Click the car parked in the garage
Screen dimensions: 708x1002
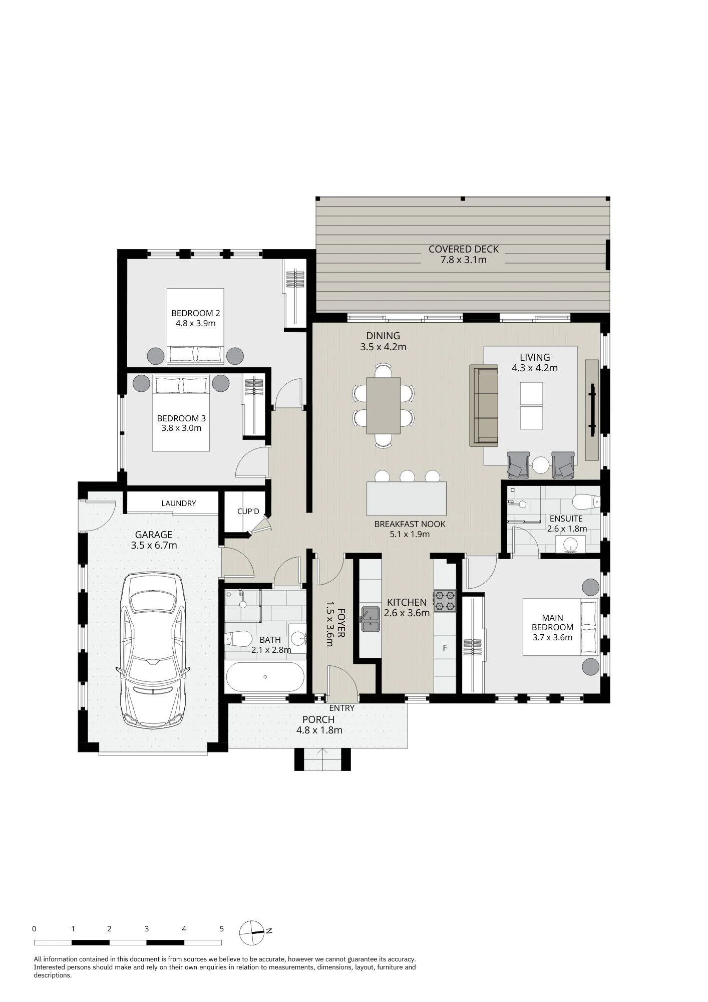coord(153,650)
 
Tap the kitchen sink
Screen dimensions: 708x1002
coord(371,619)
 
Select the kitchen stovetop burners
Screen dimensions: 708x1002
coord(445,601)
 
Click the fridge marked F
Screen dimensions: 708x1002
coord(445,648)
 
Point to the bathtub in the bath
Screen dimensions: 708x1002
coord(265,677)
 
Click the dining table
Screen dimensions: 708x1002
coord(383,405)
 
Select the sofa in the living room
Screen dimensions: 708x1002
coord(484,405)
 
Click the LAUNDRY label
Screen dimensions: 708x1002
coord(179,503)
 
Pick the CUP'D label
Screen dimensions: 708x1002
coord(248,512)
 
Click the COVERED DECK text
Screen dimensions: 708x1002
coord(464,249)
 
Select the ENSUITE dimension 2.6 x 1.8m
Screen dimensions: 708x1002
coord(566,529)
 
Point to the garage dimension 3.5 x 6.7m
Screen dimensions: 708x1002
coord(154,546)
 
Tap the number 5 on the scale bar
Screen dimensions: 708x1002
coord(221,928)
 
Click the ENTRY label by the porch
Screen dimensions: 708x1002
coord(341,708)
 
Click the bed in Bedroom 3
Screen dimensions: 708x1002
coord(181,413)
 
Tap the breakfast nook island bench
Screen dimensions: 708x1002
coord(407,498)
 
